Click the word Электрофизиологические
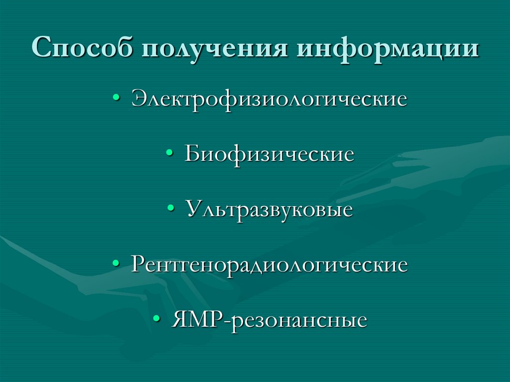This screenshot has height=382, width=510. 269,99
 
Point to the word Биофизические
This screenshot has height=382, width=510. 269,154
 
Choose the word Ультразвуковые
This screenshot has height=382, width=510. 269,209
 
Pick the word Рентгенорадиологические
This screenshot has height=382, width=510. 269,264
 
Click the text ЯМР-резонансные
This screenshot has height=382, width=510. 269,320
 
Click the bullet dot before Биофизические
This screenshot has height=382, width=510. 170,154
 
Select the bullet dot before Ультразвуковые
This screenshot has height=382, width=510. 171,210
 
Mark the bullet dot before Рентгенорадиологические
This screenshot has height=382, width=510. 116,265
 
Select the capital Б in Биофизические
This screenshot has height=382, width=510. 192,154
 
